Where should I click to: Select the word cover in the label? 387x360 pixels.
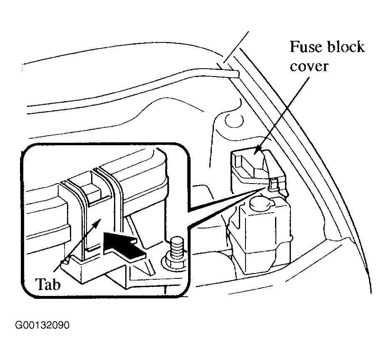click(309, 67)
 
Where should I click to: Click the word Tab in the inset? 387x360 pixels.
click(48, 284)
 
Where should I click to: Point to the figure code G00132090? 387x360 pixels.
click(42, 325)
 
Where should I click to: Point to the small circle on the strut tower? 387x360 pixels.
click(234, 121)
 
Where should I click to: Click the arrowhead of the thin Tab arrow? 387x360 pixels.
click(98, 222)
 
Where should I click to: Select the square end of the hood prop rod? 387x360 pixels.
click(237, 74)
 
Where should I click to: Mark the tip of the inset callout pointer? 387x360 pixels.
click(266, 187)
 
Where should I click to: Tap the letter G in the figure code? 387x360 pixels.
click(18, 325)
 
